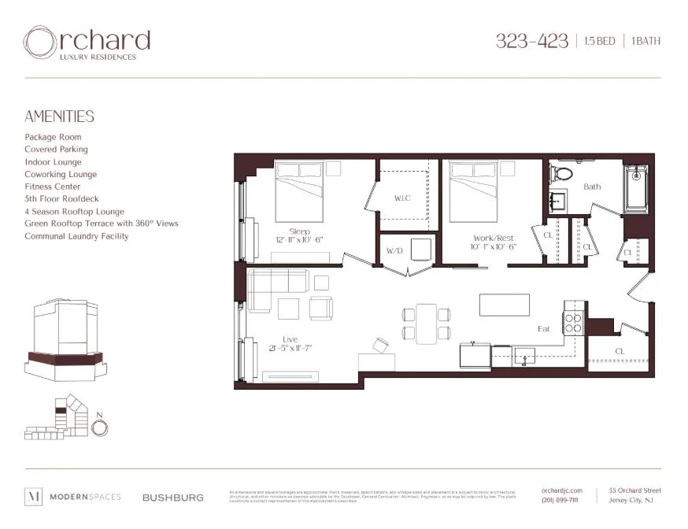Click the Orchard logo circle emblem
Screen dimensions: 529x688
[40, 43]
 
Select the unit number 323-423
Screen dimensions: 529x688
[531, 42]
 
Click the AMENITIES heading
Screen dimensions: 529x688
[59, 117]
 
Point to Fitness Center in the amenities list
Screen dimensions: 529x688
[53, 187]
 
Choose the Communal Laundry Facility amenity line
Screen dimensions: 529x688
[76, 236]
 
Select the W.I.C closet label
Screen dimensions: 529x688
[403, 198]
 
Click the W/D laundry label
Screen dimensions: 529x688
[395, 252]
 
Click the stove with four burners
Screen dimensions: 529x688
[572, 322]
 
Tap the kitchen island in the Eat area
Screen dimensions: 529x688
[505, 304]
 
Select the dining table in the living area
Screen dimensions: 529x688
[427, 324]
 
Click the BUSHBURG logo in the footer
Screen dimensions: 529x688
[173, 498]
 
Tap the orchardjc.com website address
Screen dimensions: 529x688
[562, 490]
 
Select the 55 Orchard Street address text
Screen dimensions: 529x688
[634, 490]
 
